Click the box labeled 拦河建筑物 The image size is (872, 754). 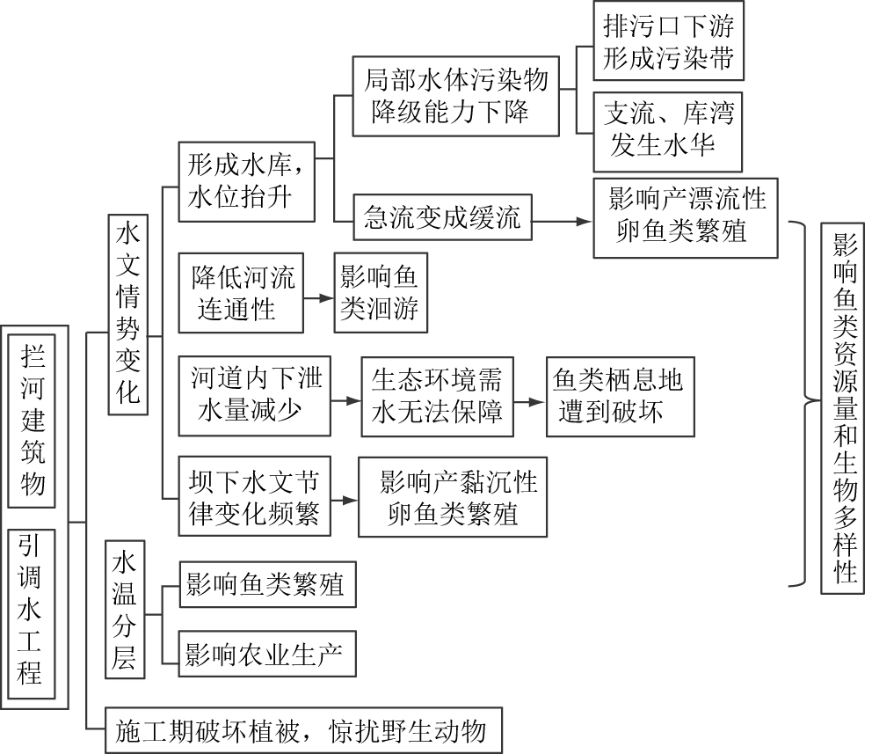(x=34, y=420)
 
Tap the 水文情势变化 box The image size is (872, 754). (x=127, y=313)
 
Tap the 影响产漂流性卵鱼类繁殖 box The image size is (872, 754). (x=686, y=216)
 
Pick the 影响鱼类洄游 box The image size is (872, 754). (x=380, y=293)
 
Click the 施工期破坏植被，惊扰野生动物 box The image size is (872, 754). (x=302, y=729)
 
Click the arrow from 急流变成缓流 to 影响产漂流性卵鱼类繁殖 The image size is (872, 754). (x=562, y=222)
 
